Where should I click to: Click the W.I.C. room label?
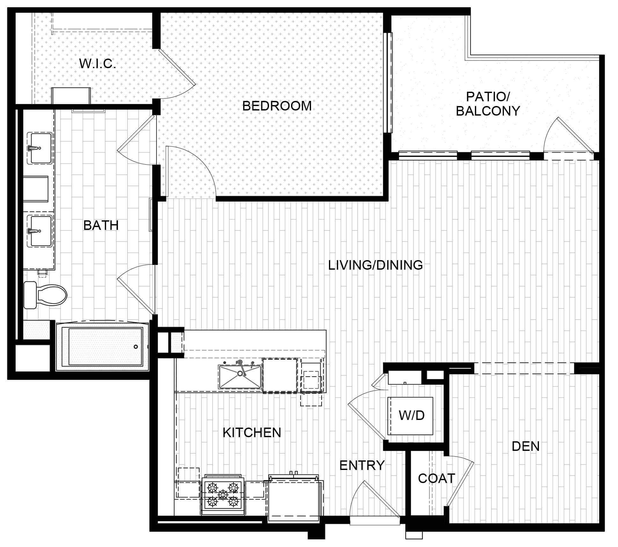click(98, 64)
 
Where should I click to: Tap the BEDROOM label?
click(277, 106)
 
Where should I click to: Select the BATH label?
click(101, 225)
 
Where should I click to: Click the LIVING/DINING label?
click(375, 265)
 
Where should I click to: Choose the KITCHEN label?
click(252, 432)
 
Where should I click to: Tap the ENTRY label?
click(362, 465)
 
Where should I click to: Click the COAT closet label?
click(436, 478)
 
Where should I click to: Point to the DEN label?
click(526, 446)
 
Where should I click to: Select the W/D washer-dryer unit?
click(410, 416)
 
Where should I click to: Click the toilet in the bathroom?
click(45, 295)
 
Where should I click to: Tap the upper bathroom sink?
click(41, 148)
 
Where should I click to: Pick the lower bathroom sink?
click(41, 231)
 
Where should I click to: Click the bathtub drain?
click(136, 347)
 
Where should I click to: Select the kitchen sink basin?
click(240, 377)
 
